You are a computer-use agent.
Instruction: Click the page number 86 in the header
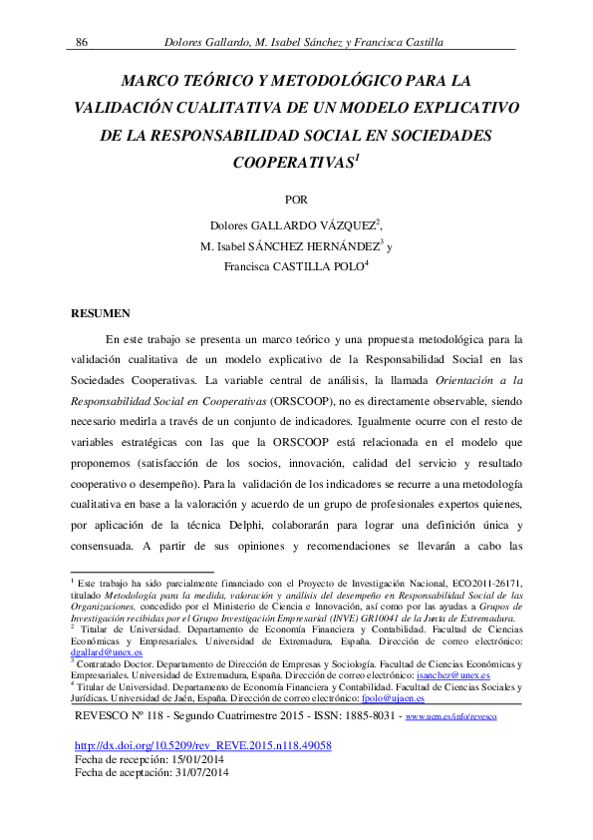click(x=83, y=41)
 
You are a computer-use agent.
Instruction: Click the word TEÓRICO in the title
click(x=209, y=80)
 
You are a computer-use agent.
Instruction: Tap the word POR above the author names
click(x=296, y=198)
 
